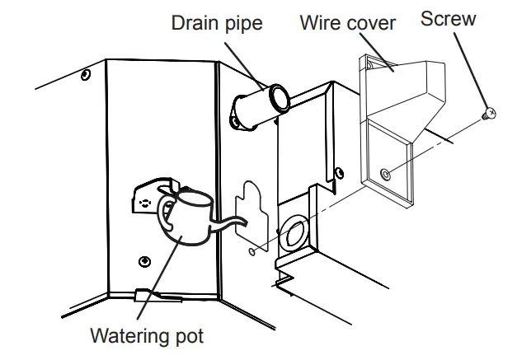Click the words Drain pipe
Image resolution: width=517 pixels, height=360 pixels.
[x=216, y=22]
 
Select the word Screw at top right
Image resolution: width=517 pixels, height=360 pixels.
[x=448, y=18]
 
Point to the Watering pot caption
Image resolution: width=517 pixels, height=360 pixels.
[x=147, y=336]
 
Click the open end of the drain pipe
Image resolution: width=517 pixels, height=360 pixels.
[x=278, y=100]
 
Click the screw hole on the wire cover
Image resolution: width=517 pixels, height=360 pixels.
[x=385, y=173]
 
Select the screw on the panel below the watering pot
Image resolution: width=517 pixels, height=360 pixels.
[x=145, y=262]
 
